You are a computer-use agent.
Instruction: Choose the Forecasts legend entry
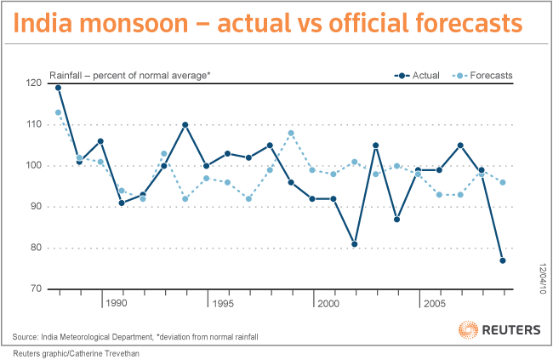click(482, 76)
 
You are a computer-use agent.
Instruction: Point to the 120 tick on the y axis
click(34, 83)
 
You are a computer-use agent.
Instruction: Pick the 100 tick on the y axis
click(34, 166)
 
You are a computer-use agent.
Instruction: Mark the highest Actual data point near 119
click(58, 88)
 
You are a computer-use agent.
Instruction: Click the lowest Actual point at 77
click(503, 260)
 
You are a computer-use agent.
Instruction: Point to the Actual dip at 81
click(354, 244)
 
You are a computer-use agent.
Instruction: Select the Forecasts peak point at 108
click(291, 133)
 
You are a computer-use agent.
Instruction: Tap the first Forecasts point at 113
click(58, 112)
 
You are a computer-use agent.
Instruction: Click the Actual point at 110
click(185, 125)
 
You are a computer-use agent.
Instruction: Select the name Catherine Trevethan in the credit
click(107, 352)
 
